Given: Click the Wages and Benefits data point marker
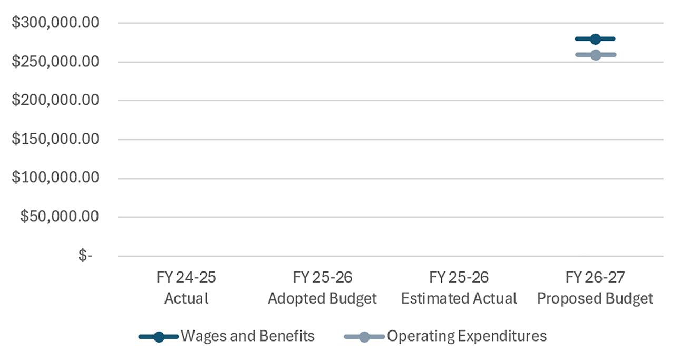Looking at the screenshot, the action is pyautogui.click(x=595, y=39).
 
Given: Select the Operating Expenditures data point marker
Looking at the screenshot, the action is pyautogui.click(x=596, y=55).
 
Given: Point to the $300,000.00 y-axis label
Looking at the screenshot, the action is pyautogui.click(x=55, y=23).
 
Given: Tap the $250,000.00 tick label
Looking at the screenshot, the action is pyautogui.click(x=55, y=62).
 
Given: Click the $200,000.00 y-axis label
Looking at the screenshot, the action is pyautogui.click(x=55, y=100).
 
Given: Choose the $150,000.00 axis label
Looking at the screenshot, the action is pyautogui.click(x=55, y=139).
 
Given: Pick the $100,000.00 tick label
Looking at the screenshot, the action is pyautogui.click(x=55, y=177).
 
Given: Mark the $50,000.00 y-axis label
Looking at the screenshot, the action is pyautogui.click(x=60, y=217).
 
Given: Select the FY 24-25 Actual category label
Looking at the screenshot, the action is pyautogui.click(x=186, y=287).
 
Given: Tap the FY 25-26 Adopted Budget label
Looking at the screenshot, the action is pyautogui.click(x=323, y=287).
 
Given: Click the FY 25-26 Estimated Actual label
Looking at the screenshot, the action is pyautogui.click(x=459, y=287).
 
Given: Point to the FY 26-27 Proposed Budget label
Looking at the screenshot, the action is pyautogui.click(x=595, y=287).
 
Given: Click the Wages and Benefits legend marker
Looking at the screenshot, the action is pyautogui.click(x=159, y=337).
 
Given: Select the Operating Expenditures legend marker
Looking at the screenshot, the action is pyautogui.click(x=364, y=337).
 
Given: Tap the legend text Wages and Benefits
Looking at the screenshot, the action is pyautogui.click(x=248, y=336).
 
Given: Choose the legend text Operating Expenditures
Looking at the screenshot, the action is pyautogui.click(x=467, y=336).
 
